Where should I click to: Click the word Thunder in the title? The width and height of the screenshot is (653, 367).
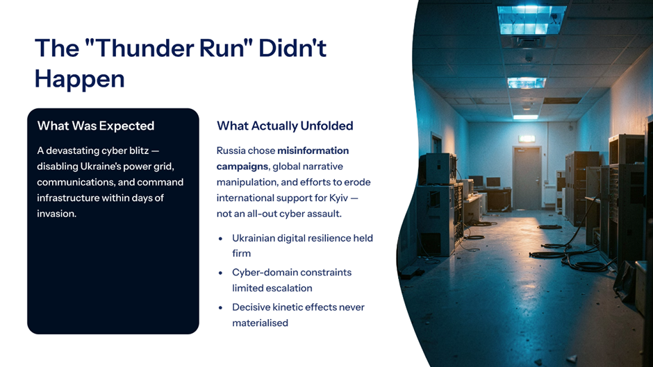[144, 48]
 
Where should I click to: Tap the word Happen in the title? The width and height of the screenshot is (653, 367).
[80, 79]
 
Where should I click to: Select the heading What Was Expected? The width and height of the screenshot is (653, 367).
[96, 126]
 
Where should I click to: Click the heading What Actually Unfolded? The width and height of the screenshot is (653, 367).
[285, 126]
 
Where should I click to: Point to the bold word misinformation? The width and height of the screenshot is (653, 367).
[313, 151]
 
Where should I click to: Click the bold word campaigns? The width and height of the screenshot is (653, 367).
[242, 167]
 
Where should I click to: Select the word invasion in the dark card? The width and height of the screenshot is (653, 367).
[57, 214]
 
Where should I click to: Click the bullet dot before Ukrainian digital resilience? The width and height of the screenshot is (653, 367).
[221, 239]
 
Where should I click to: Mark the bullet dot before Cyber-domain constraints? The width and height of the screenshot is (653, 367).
[221, 273]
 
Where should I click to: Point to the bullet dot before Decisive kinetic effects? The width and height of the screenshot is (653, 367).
[221, 308]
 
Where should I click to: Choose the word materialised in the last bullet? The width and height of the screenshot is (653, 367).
[261, 323]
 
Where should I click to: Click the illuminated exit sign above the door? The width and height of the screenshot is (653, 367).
[527, 139]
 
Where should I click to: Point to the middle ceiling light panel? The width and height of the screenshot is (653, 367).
[527, 83]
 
